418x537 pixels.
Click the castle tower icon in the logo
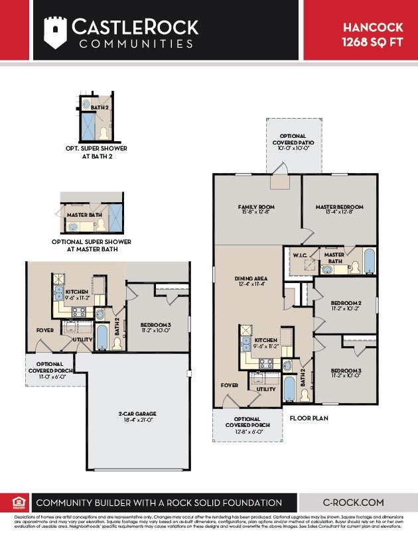(55, 32)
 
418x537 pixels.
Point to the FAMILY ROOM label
(256, 208)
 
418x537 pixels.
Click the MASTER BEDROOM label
(338, 208)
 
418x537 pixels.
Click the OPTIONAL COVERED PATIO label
(289, 139)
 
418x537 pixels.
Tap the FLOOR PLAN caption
(309, 418)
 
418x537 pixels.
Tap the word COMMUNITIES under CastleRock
(135, 44)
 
